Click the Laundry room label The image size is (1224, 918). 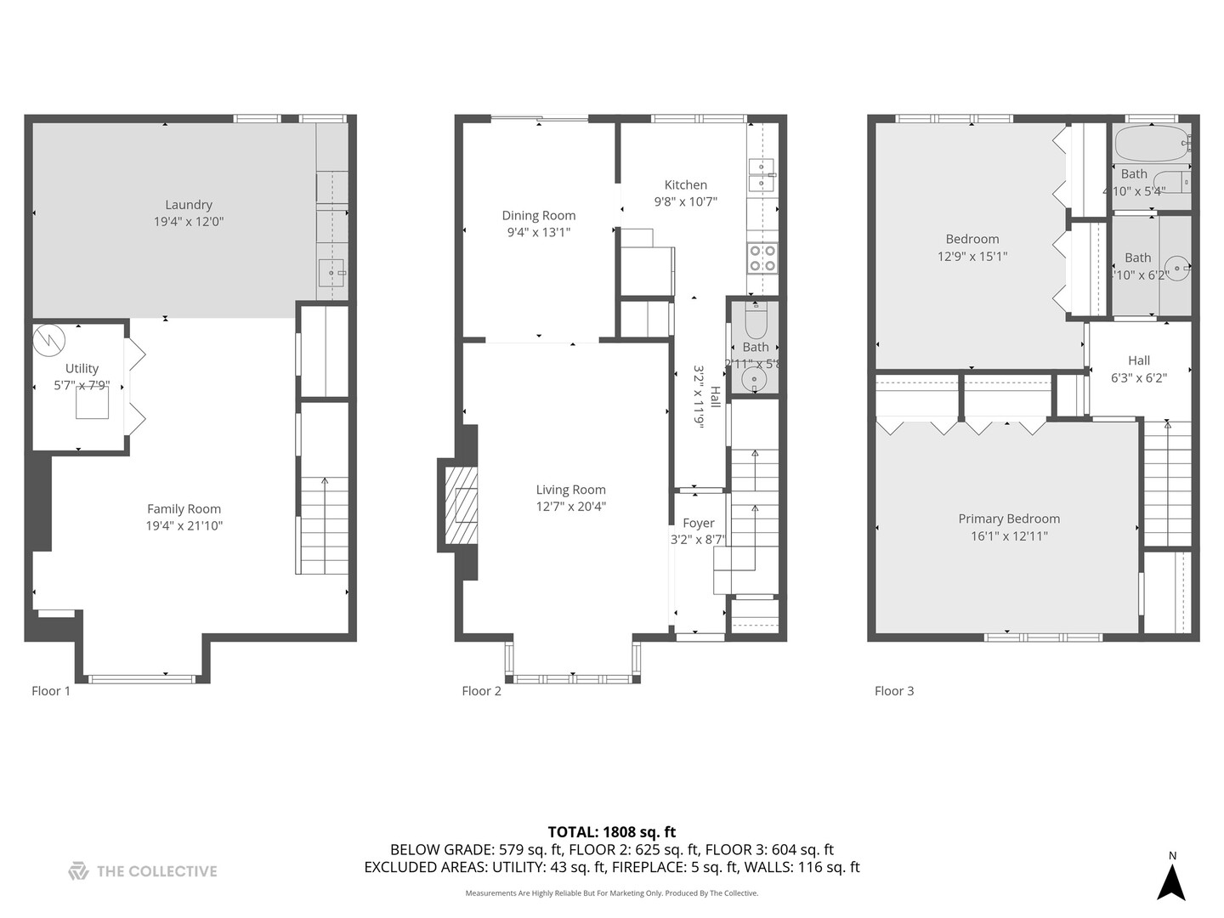(189, 205)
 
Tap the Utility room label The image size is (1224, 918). (82, 368)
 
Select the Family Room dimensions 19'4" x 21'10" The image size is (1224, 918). (184, 526)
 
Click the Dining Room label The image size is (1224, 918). (539, 216)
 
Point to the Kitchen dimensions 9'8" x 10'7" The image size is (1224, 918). (685, 202)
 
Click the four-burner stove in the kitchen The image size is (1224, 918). (762, 258)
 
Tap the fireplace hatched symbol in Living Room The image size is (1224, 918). (466, 505)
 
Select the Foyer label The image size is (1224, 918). (698, 524)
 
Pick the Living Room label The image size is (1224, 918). (570, 490)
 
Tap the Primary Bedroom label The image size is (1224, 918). (1009, 518)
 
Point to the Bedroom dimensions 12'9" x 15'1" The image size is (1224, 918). (972, 256)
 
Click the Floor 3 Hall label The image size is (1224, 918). (1139, 360)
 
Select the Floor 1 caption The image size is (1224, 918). (51, 691)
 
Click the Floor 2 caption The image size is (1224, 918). (481, 691)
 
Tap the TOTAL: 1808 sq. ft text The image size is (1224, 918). (611, 832)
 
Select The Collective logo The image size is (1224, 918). (143, 871)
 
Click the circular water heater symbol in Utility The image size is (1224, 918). (48, 341)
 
